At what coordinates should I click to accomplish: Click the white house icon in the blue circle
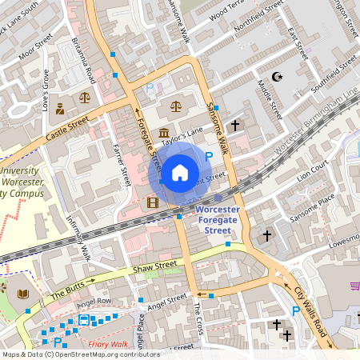(x=180, y=172)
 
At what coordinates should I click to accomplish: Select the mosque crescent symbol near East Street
(x=278, y=77)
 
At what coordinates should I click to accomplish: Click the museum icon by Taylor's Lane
(x=164, y=133)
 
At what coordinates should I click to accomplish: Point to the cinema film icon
(x=153, y=202)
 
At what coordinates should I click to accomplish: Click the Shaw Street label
(x=154, y=266)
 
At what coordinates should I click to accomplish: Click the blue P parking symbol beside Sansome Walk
(x=209, y=157)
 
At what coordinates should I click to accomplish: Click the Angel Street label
(x=166, y=302)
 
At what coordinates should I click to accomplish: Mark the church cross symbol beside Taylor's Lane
(x=235, y=126)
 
